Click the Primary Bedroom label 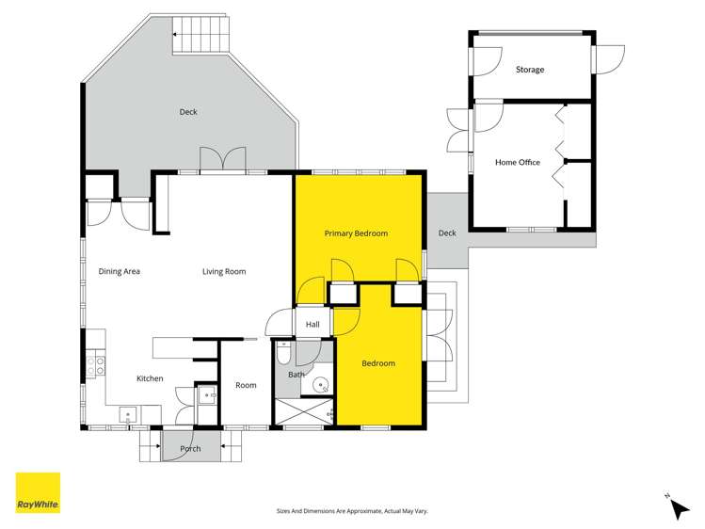click(356, 233)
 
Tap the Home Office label click(517, 163)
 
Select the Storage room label click(529, 70)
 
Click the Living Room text click(224, 272)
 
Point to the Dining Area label click(120, 272)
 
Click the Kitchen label click(150, 378)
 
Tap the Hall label click(312, 325)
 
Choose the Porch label click(190, 449)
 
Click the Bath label click(296, 375)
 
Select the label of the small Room click(246, 385)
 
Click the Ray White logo click(38, 492)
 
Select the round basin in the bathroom click(321, 384)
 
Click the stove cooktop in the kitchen click(95, 367)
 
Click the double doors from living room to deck click(222, 161)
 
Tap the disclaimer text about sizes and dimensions click(352, 510)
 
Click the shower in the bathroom click(303, 413)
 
